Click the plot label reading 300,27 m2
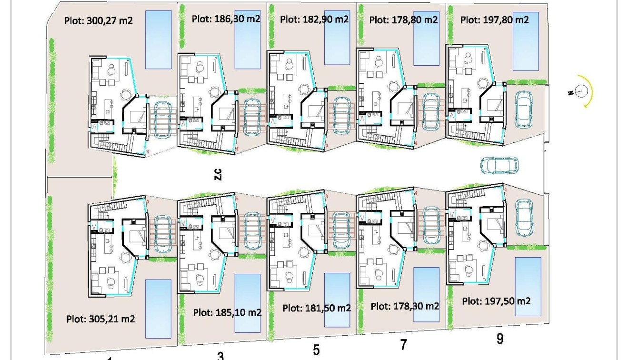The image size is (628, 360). (x=98, y=20)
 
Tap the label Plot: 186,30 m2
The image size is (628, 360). (x=227, y=19)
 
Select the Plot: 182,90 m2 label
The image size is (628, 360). (x=314, y=20)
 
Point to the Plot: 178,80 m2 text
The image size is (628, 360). (x=403, y=20)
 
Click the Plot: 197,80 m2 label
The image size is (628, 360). (x=495, y=20)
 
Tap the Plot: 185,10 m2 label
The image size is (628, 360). (x=228, y=312)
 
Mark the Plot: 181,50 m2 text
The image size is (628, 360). (x=317, y=308)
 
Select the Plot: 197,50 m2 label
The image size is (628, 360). (x=496, y=301)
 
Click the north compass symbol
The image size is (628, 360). (x=581, y=91)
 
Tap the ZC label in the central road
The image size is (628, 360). (x=218, y=174)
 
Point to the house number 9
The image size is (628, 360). (x=500, y=339)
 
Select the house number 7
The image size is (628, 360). (x=404, y=344)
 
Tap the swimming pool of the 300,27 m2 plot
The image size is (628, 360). (x=158, y=40)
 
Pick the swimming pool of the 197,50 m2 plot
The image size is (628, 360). (x=528, y=287)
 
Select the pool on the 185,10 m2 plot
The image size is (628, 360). (x=248, y=303)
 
